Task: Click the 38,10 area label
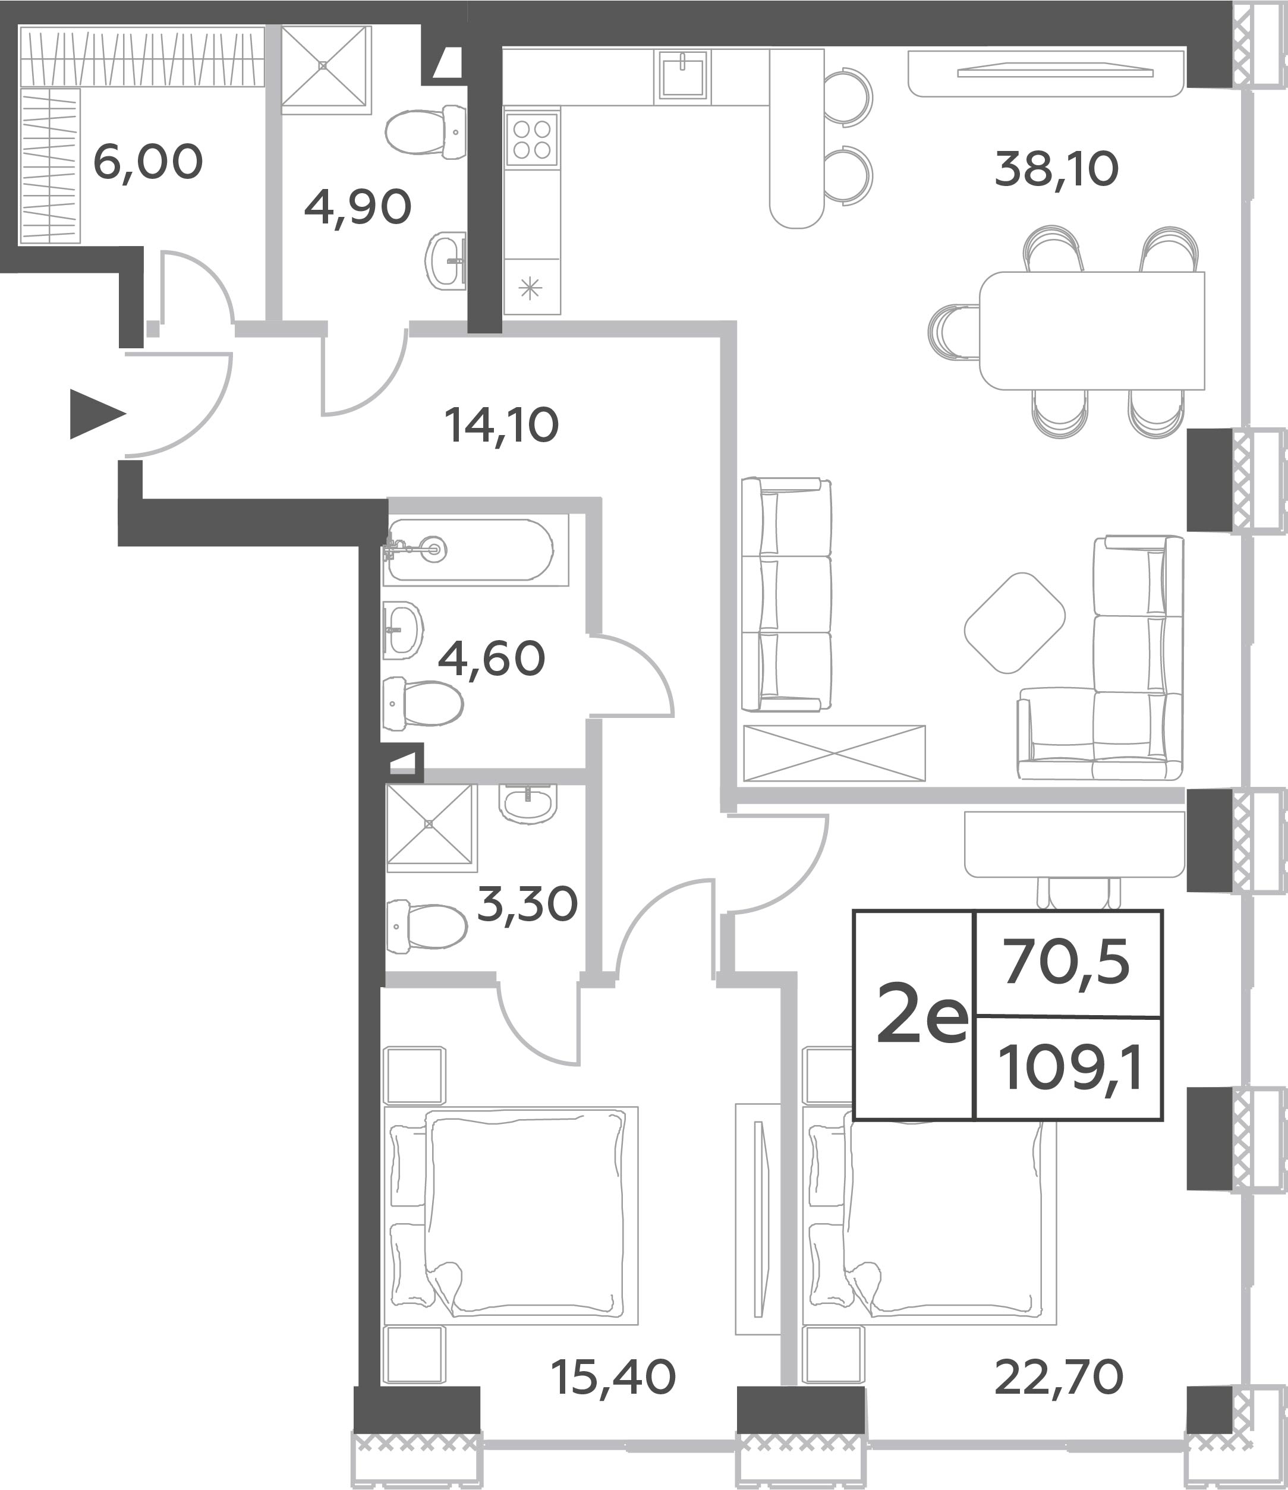1056,171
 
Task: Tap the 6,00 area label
148,162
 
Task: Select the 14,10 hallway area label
501,425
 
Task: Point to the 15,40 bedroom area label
613,1377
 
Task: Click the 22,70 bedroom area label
1059,1377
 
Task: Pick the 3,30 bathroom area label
527,904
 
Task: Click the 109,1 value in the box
1070,1068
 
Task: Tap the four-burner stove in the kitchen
531,140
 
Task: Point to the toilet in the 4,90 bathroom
426,131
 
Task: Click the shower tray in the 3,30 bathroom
431,826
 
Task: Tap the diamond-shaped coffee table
1015,623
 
